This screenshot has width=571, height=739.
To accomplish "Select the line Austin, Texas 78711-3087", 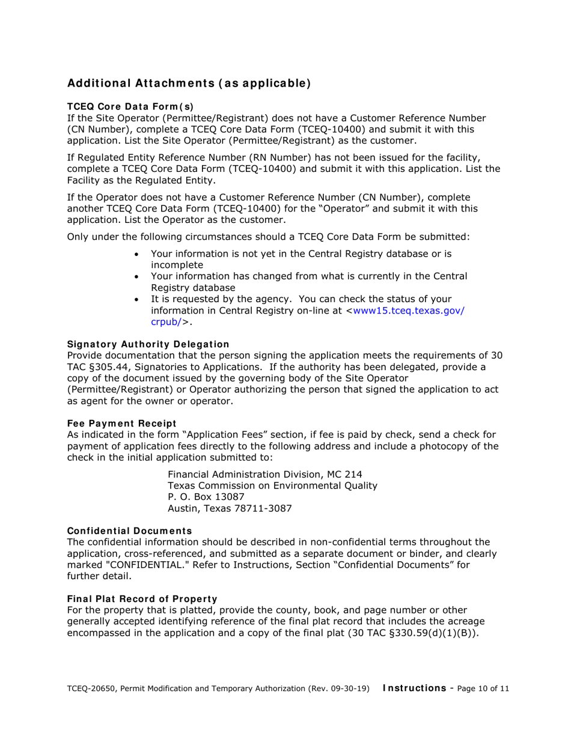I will coord(230,508).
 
